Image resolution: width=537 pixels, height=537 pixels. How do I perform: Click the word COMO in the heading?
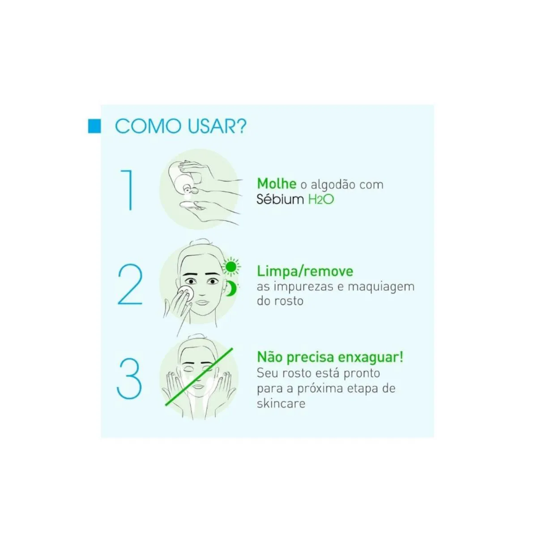pos(148,126)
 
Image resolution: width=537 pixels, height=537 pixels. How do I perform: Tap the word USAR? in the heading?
pos(217,126)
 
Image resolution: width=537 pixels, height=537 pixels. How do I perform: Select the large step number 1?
pos(127,190)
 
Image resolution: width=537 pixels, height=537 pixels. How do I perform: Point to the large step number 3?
pos(129,379)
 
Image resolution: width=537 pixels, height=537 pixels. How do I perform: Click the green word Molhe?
pos(277,183)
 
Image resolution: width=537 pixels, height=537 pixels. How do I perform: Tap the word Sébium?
pos(280,199)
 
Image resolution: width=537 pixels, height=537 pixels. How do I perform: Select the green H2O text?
pos(321,200)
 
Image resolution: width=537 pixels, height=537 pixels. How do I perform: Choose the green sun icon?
pos(231,267)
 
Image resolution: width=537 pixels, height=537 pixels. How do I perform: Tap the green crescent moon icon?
pos(231,289)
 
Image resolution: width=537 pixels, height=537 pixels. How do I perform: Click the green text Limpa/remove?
pos(305,272)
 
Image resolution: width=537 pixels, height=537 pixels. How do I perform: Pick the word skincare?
pos(281,403)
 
